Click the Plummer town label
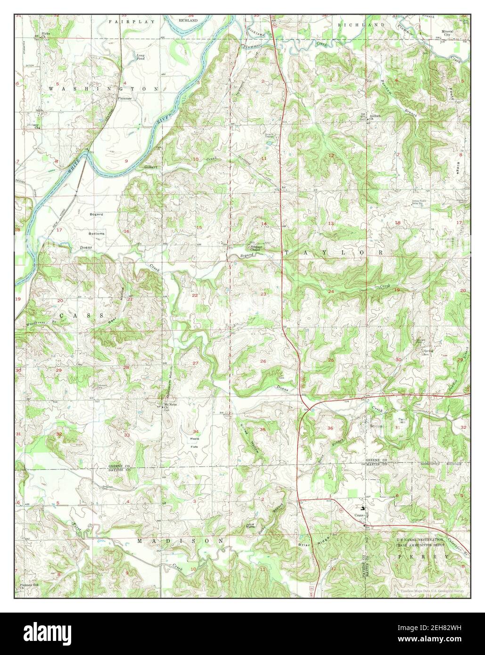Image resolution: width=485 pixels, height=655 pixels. [x=125, y=98]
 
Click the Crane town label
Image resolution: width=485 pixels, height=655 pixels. [x=361, y=516]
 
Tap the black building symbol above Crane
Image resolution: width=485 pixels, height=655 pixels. [x=362, y=508]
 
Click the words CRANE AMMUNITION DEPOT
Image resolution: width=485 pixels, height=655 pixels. [x=419, y=545]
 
